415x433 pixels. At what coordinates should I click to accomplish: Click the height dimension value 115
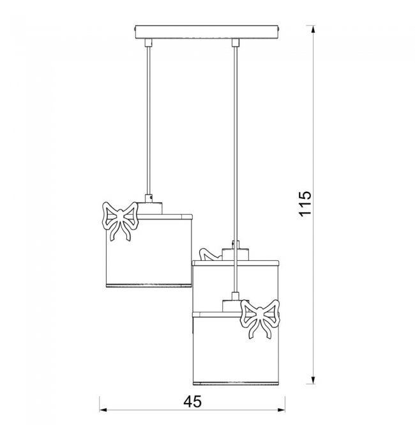[305, 203]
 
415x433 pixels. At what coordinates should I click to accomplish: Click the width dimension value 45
[192, 402]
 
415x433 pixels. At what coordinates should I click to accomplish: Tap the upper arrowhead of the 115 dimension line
[313, 29]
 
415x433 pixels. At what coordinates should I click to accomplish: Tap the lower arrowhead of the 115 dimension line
[313, 381]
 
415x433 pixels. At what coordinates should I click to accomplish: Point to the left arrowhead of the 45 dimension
[103, 410]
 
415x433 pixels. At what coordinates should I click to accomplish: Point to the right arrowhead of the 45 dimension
[282, 410]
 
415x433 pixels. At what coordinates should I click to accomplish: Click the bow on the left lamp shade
[120, 221]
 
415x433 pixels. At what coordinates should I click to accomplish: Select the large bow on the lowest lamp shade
[260, 319]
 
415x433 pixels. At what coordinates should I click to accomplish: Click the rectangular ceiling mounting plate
[207, 32]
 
